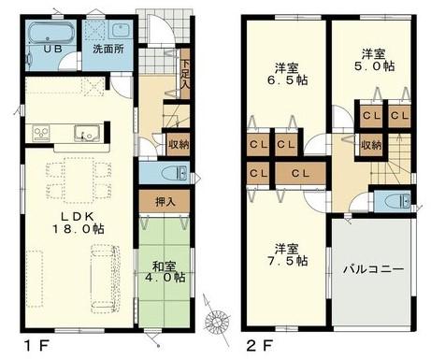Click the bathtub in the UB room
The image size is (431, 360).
51,33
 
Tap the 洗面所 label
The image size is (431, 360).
108,49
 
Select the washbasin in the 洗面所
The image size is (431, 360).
121,30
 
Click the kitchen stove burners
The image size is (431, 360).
41,134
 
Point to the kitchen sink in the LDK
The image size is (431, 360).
87,133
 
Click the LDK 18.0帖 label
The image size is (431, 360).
78,223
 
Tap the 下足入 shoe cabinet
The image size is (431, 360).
185,74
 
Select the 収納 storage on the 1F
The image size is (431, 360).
179,144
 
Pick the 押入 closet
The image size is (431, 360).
165,202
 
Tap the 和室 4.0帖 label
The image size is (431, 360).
165,272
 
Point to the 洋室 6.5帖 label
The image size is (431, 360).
287,74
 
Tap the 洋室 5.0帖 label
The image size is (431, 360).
374,60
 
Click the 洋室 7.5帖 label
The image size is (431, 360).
287,254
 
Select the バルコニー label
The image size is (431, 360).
373,268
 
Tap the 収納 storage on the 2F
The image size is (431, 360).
371,145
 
